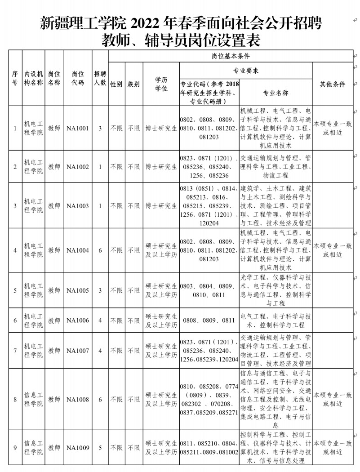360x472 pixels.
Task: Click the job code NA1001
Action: (78, 129)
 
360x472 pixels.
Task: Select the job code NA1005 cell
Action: (78, 291)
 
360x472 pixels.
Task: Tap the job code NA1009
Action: (78, 448)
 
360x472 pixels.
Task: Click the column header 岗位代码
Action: (78, 78)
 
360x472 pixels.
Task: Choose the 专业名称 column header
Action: (276, 93)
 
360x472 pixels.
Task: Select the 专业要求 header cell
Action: (245, 71)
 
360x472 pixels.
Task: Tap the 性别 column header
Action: (116, 84)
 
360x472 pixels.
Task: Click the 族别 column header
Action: (133, 84)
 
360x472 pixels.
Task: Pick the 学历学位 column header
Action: (161, 84)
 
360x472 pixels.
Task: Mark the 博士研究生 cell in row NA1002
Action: (161, 167)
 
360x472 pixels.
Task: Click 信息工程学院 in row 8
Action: (33, 399)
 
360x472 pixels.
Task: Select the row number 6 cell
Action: (15, 321)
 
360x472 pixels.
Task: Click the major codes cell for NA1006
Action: (209, 321)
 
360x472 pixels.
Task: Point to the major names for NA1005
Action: (276, 291)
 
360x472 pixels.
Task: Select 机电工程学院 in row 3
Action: (33, 205)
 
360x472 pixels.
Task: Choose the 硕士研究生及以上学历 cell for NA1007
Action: (161, 351)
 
